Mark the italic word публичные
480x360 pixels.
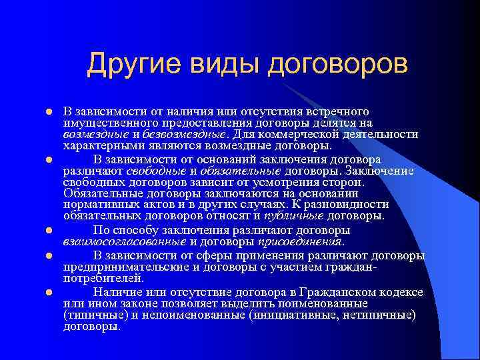(294, 215)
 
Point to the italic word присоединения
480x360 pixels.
(305, 241)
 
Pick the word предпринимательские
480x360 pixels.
(125, 267)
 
